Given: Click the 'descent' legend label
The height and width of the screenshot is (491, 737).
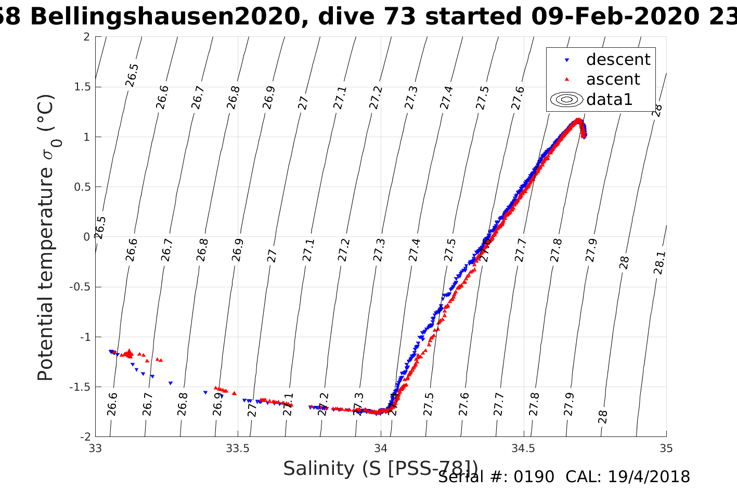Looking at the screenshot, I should (x=618, y=60).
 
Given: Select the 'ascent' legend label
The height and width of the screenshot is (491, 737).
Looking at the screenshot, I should (x=613, y=79).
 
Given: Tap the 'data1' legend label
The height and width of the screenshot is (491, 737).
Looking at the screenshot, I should (x=609, y=99).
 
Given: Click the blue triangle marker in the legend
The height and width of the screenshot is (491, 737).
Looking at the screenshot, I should (x=567, y=60).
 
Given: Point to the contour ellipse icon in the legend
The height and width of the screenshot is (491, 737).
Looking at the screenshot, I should (x=567, y=99).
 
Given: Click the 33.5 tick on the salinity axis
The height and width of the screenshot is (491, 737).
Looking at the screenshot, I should (x=238, y=448).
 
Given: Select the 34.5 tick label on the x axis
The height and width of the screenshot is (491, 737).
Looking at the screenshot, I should (x=523, y=448).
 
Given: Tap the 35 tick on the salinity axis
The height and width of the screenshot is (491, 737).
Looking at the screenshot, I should (x=666, y=448).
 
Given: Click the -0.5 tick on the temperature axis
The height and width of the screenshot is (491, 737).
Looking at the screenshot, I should (x=78, y=287).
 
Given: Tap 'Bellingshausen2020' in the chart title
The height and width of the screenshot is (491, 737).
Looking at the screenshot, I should (x=164, y=17).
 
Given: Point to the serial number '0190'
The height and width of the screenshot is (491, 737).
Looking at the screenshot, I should (x=534, y=477).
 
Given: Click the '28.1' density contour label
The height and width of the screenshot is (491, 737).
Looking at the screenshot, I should (x=660, y=262).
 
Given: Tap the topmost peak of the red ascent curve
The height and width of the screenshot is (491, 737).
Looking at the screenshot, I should (x=578, y=121).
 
